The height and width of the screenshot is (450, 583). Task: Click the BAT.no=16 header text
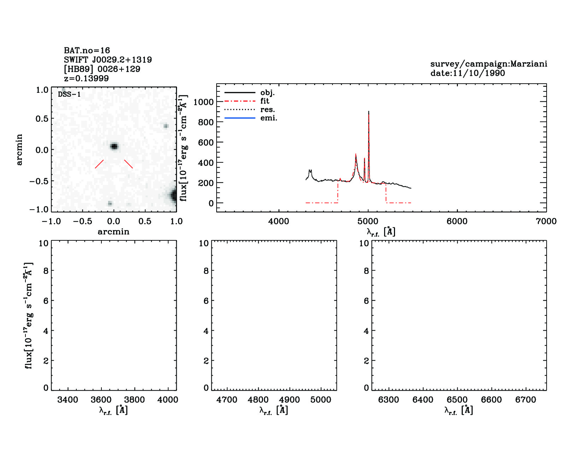pos(87,50)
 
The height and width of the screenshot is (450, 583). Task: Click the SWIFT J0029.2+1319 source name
pos(108,60)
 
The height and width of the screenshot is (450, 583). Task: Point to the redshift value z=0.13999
pos(86,78)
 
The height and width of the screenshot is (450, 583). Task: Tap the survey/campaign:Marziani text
pos(489,64)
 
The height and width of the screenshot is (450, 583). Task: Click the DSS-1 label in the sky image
pos(69,94)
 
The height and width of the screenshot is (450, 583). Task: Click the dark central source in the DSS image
pos(114,146)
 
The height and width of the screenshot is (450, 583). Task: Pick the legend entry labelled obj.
pos(267,92)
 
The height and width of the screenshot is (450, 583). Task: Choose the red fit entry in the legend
pos(265,101)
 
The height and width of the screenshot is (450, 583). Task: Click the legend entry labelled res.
pos(267,109)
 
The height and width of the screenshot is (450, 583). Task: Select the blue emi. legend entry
pos(269,118)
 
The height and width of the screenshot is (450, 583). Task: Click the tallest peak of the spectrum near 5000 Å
pos(369,112)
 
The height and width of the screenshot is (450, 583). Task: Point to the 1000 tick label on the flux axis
pos(204,102)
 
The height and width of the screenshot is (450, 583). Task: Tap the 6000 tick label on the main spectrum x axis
pos(457,221)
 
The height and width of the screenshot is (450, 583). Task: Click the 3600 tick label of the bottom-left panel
pos(101,400)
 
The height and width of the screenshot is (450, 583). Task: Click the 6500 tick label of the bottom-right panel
pos(457,400)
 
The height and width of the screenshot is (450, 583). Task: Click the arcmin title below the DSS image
pos(113,232)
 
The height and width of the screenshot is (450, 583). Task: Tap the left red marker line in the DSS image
pos(99,164)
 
